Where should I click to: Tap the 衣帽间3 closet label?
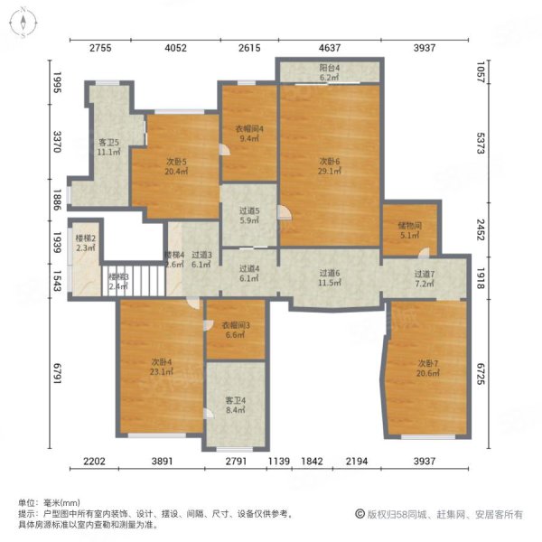[236, 330]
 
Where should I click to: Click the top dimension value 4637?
[329, 49]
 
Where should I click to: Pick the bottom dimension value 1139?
[280, 462]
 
